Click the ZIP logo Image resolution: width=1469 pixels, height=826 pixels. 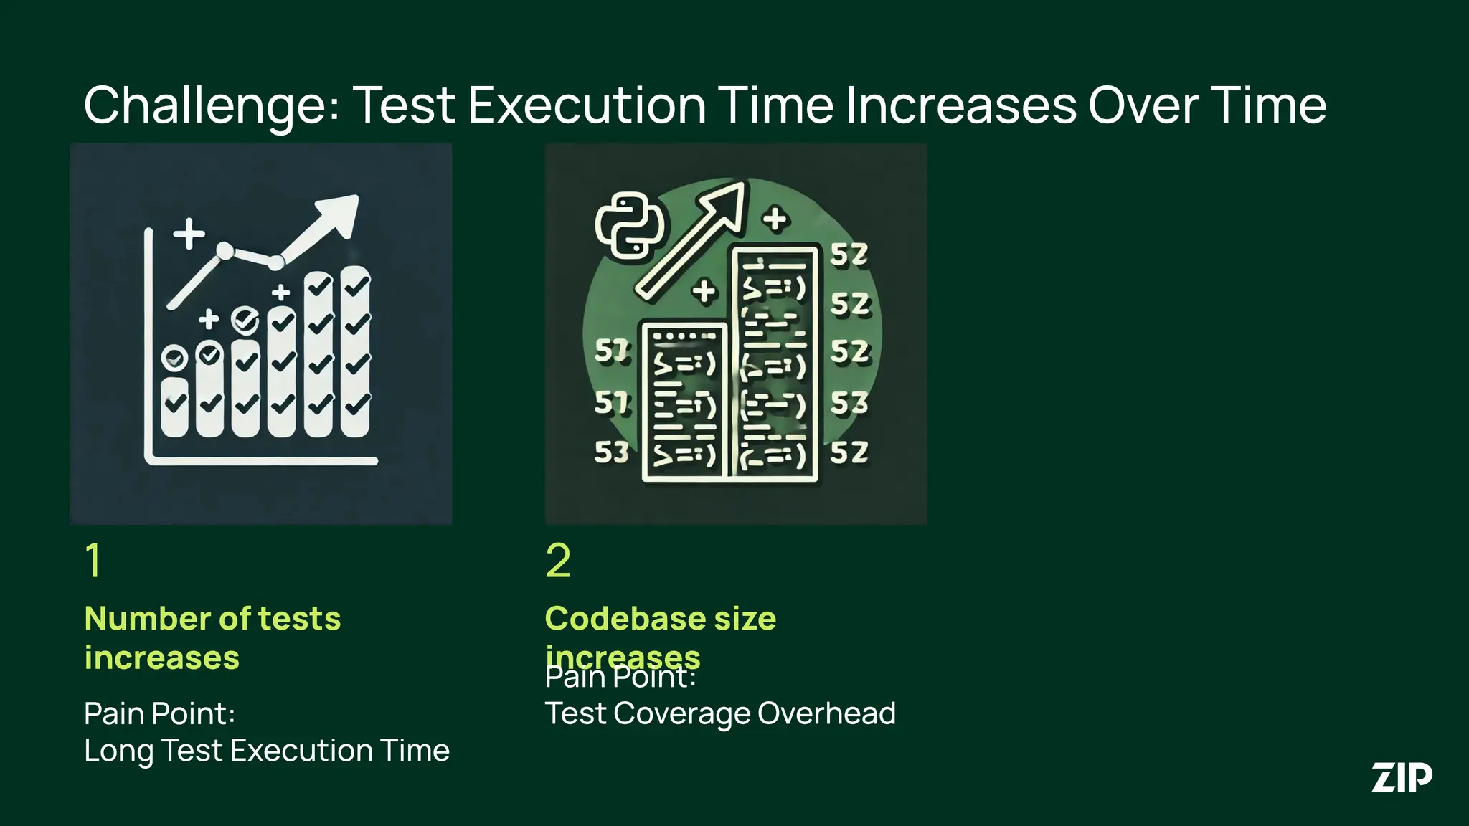(1402, 778)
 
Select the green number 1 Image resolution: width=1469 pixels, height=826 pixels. (93, 560)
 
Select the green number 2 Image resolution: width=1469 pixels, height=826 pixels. (558, 560)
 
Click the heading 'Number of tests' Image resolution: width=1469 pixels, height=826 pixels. (212, 618)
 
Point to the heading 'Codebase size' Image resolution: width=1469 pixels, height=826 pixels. (660, 618)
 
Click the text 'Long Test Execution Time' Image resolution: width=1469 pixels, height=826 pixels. (266, 751)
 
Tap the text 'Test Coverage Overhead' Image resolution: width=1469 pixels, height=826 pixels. (720, 713)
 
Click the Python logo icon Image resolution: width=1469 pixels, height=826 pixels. (629, 225)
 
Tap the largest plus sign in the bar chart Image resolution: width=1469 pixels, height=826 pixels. (189, 234)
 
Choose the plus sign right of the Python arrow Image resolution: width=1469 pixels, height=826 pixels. (775, 219)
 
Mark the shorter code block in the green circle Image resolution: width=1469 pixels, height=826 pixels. (684, 402)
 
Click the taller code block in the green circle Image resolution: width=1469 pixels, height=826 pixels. (775, 363)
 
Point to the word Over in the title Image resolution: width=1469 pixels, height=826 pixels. (1142, 106)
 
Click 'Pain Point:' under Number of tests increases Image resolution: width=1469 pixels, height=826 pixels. (159, 713)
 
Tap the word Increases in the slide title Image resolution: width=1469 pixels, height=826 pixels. (960, 106)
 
